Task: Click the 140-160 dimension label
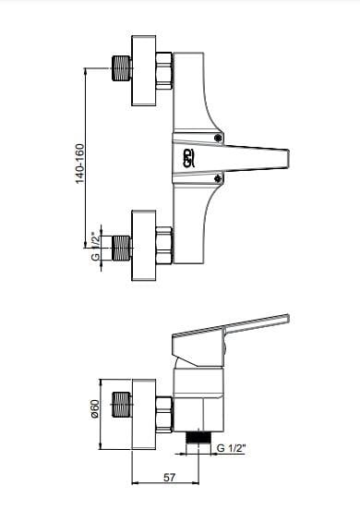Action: point(80,164)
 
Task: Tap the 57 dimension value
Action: point(169,478)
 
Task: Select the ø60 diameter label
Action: point(95,409)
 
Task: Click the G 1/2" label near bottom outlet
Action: point(231,448)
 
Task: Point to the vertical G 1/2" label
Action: point(96,246)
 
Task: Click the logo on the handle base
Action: point(189,158)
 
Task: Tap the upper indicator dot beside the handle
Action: point(219,139)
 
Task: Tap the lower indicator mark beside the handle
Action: point(219,178)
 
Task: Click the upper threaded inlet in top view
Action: point(122,68)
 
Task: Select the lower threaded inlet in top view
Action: point(122,248)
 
